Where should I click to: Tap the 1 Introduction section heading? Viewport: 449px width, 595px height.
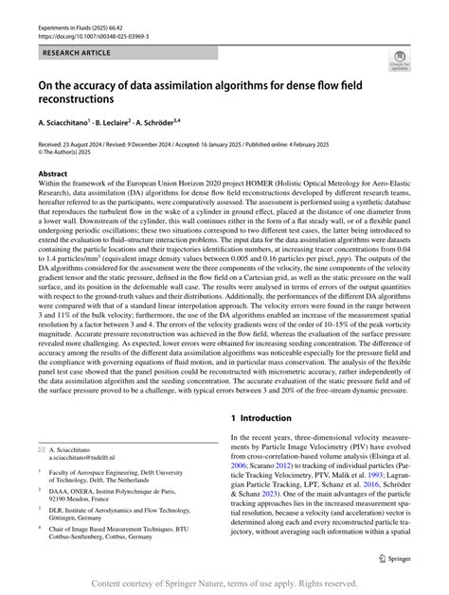(273, 417)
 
